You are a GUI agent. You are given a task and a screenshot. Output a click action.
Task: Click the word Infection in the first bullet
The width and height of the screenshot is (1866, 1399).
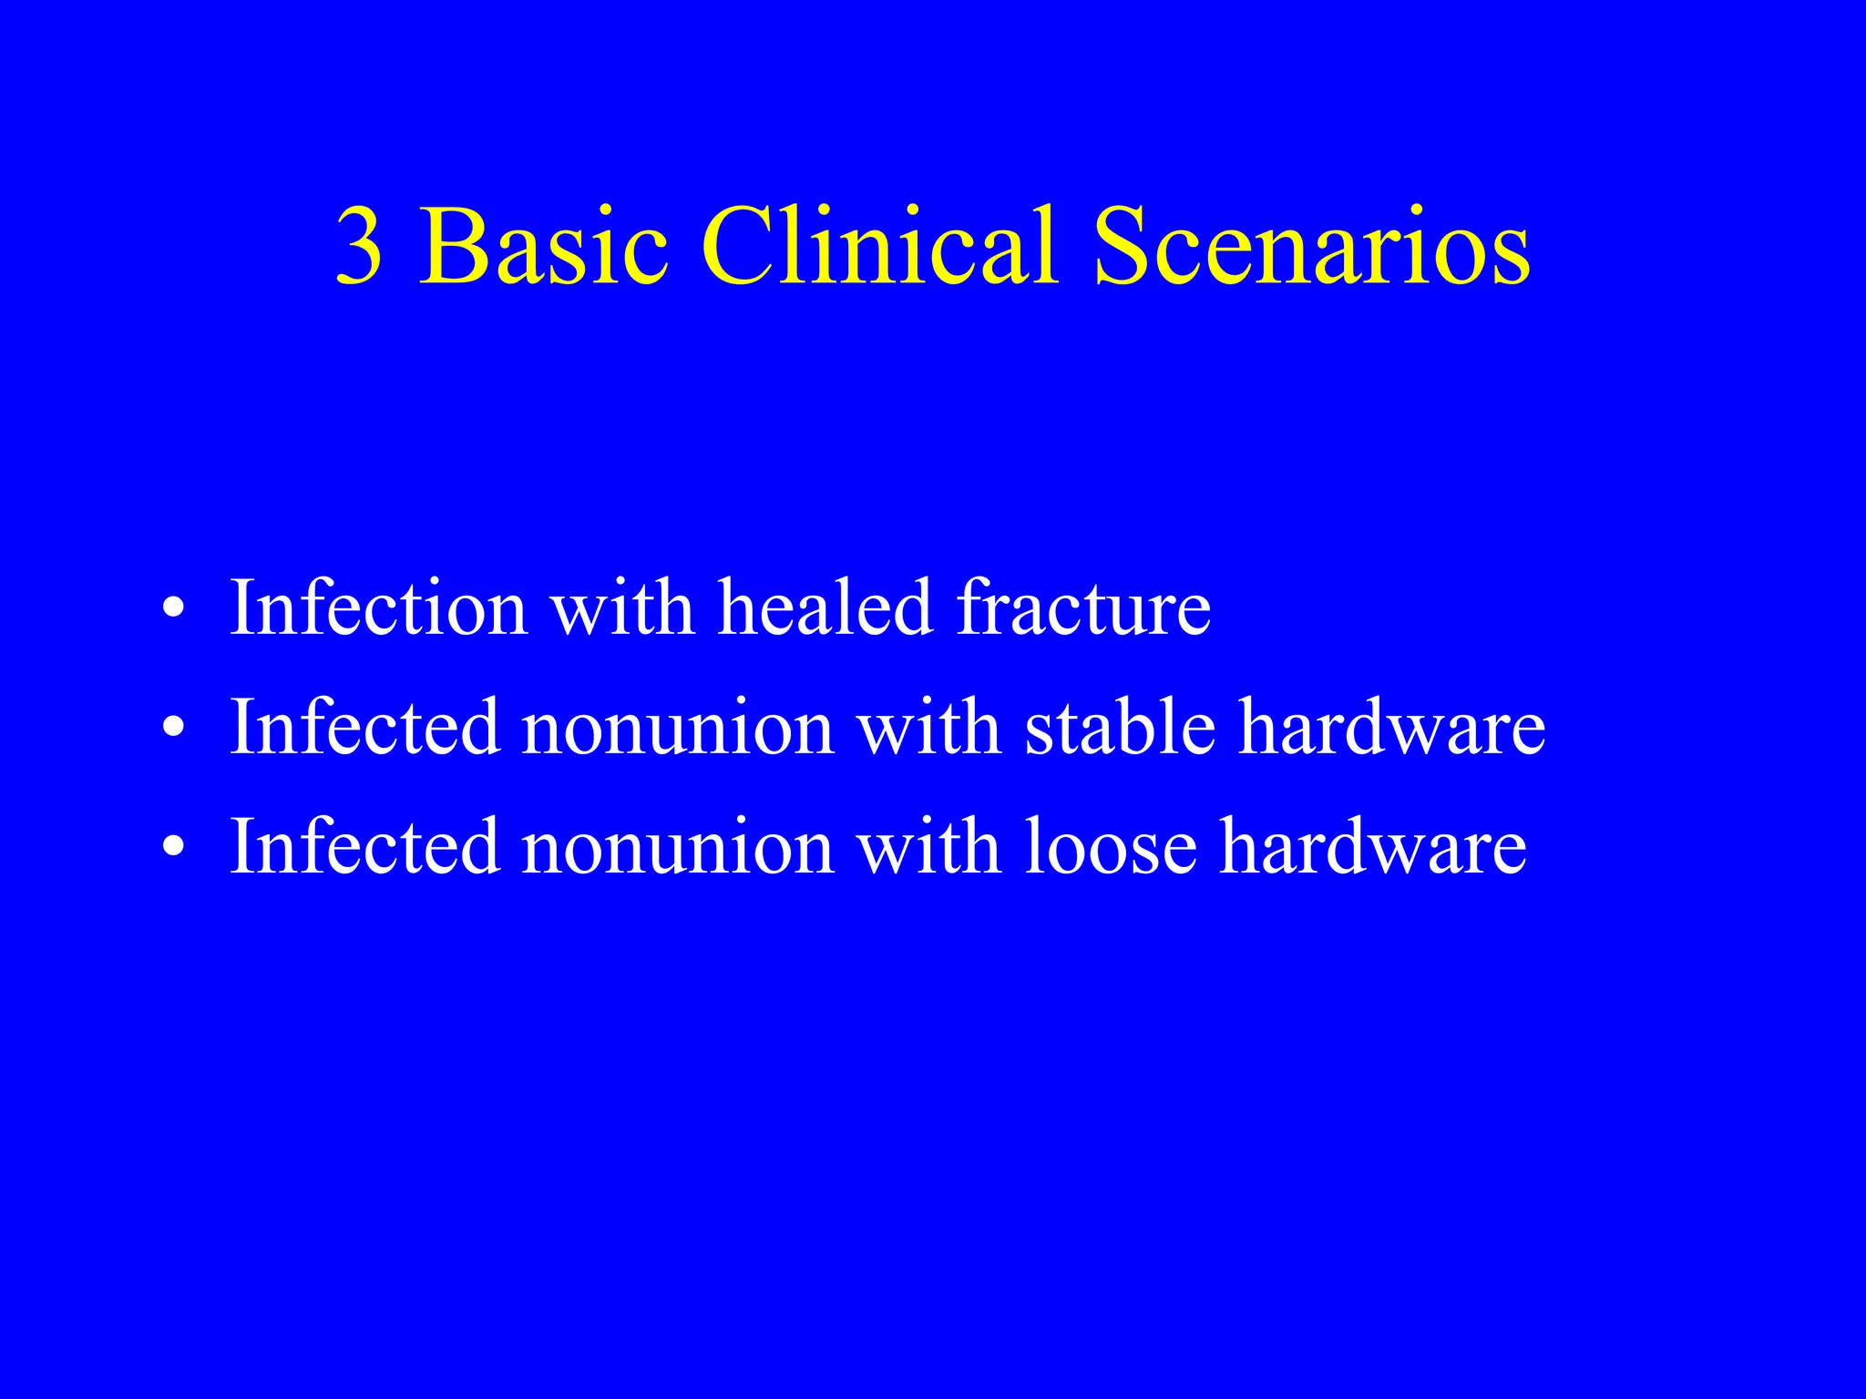point(378,608)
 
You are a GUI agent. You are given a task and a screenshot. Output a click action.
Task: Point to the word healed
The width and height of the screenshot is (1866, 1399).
point(825,608)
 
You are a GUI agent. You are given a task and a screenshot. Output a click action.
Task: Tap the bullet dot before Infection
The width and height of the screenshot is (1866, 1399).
point(173,608)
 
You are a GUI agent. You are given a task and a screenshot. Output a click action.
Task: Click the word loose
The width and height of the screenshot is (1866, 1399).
point(1111,847)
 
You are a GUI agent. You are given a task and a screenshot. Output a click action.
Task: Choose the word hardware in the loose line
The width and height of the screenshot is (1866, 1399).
point(1373,847)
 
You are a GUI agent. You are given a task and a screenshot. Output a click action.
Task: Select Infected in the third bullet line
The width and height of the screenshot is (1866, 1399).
point(365,847)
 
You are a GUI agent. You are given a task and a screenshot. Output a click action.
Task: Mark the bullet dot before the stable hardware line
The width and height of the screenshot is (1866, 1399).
point(173,729)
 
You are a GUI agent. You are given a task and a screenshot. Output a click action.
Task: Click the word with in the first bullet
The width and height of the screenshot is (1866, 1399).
point(623,608)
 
